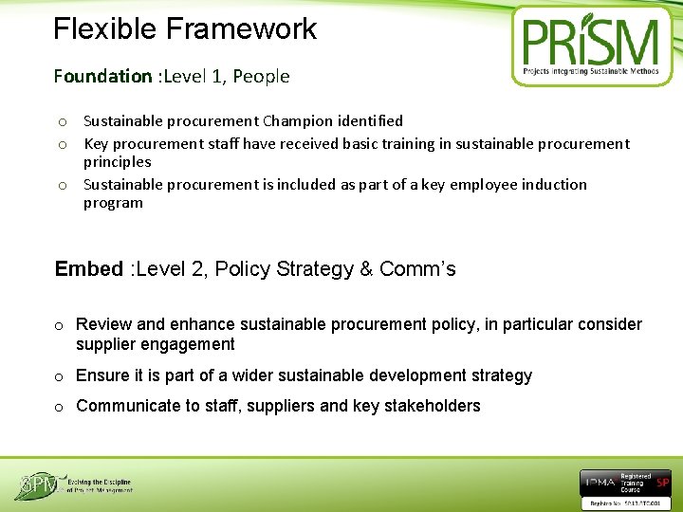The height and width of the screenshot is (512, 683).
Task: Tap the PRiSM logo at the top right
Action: tap(591, 46)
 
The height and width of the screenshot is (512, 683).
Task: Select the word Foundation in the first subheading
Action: tap(102, 76)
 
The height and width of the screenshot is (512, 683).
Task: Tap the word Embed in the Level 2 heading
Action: tap(89, 269)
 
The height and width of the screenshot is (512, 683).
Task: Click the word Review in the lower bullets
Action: tap(102, 325)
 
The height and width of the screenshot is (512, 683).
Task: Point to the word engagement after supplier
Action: tap(186, 344)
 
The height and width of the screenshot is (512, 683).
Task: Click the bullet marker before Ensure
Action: tap(59, 376)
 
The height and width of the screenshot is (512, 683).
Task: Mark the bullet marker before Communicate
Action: tap(59, 407)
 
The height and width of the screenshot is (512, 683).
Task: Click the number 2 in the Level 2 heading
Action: tap(198, 269)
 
